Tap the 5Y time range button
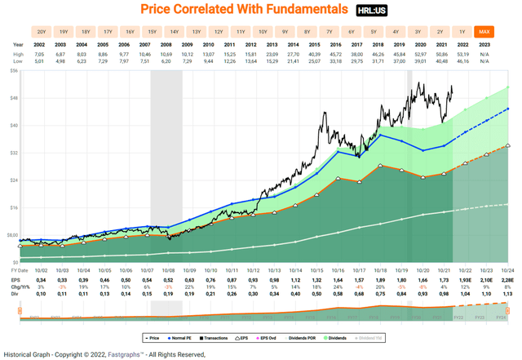tap(373, 33)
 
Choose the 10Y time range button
tap(263, 33)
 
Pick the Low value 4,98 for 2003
tap(60, 60)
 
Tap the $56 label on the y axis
tap(13, 71)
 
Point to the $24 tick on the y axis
tap(13, 180)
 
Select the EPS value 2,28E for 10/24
tap(507, 279)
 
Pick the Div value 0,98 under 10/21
tap(444, 294)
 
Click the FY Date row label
tap(20, 269)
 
